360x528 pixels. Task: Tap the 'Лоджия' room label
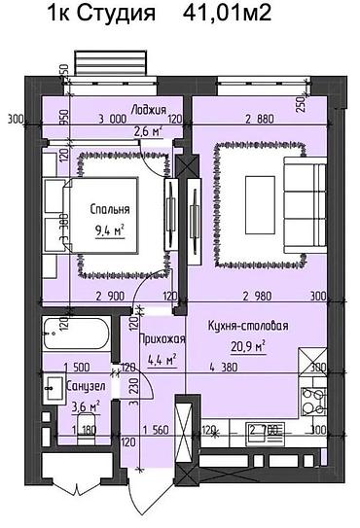click(149, 110)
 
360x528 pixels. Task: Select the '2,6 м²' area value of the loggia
click(148, 131)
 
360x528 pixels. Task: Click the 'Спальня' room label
click(111, 209)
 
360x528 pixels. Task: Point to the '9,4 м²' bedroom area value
click(112, 230)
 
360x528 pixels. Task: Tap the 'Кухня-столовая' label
click(252, 328)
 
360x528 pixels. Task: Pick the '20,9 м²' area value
click(247, 347)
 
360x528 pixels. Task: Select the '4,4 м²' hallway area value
click(158, 360)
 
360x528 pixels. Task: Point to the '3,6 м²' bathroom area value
click(60, 406)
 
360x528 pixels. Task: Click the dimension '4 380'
click(226, 368)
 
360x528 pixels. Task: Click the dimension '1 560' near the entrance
click(156, 428)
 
